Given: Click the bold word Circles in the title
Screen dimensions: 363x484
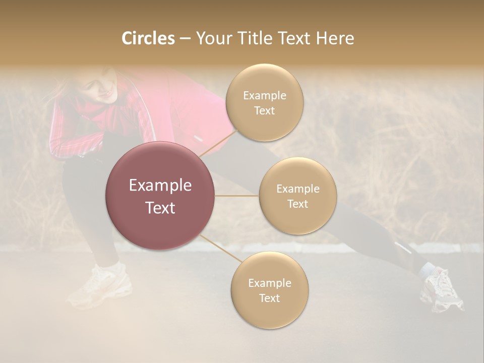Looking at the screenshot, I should tap(148, 38).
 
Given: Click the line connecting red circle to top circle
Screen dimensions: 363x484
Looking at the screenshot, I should tap(218, 142).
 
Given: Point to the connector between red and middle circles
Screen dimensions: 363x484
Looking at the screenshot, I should tap(237, 196).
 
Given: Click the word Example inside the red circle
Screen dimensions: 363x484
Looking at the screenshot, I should tap(160, 186).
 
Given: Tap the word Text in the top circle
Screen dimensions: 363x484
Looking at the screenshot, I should tap(264, 111).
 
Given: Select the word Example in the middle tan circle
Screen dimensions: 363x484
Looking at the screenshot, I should tap(297, 189).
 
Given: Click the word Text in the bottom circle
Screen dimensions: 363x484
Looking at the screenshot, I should tap(269, 298).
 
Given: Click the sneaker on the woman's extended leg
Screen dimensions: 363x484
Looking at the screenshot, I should tap(441, 290).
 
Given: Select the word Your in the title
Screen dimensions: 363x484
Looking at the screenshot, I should tap(212, 38).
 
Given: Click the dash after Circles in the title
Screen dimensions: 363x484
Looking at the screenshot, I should tap(185, 38).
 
